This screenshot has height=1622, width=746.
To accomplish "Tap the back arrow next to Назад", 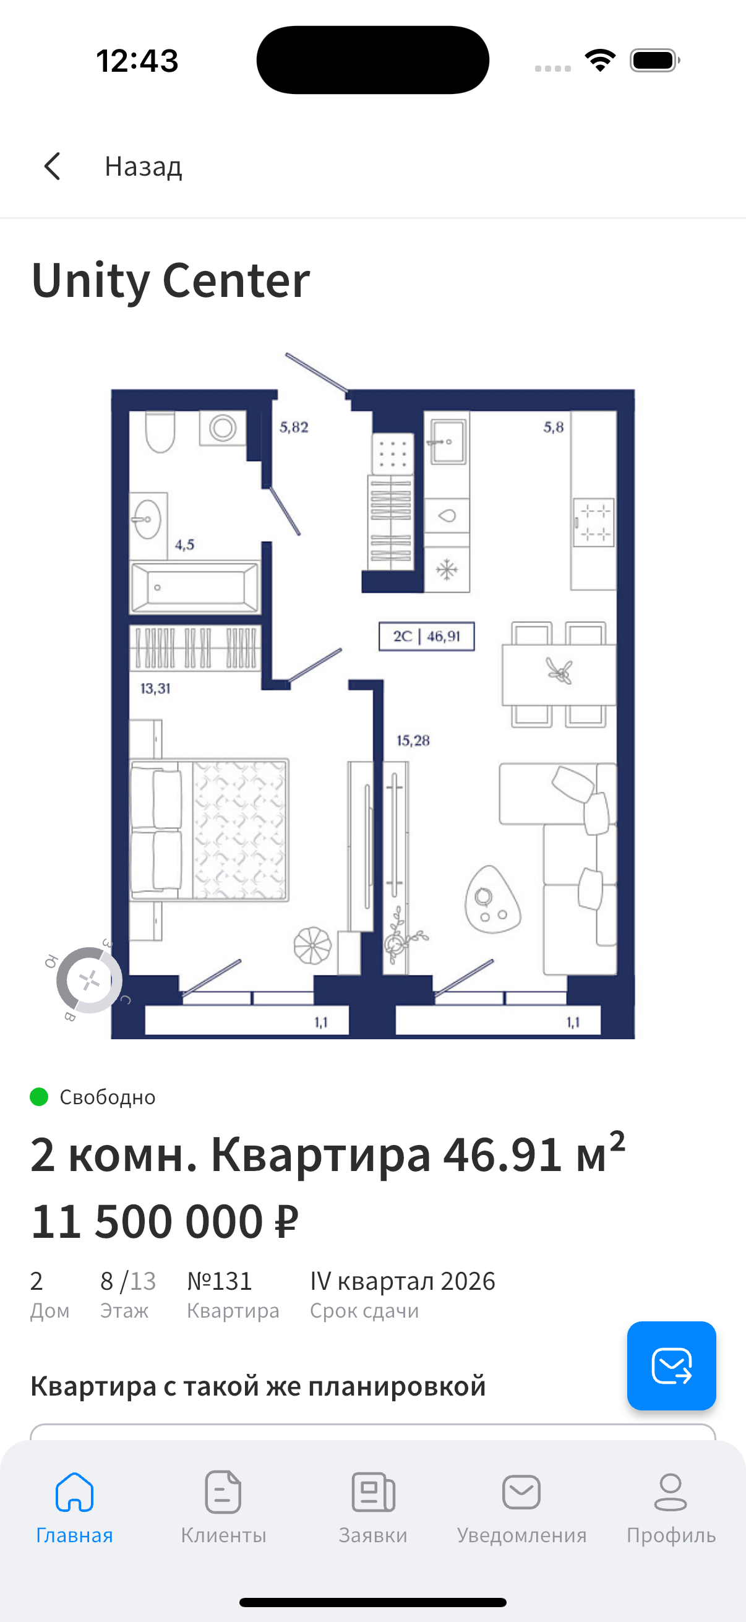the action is coord(52,166).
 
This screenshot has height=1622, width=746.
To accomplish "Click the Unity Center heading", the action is coord(171,281).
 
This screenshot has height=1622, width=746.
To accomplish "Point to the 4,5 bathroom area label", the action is coord(184,544).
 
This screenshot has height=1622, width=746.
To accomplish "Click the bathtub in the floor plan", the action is coord(194,588).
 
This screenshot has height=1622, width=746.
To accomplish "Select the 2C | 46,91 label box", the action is coord(426,636).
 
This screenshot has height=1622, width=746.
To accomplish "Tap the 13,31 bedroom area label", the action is coord(155,689).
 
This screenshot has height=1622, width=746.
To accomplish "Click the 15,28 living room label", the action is coord(413,740).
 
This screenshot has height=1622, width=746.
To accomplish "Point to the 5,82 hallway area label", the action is coord(294,427).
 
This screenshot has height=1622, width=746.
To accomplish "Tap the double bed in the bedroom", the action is coord(209,830).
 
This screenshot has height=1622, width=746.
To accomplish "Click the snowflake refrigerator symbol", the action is coord(447,570).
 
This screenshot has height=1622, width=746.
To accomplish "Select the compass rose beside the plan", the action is coord(88,980).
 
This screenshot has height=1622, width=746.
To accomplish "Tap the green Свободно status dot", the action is coord(39,1097).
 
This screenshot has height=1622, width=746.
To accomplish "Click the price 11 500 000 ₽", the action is coord(165,1222).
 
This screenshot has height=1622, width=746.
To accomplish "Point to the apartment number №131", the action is coord(220,1281).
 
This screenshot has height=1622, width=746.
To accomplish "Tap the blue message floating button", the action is coord(671,1366).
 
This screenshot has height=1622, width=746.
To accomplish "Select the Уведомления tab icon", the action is coord(521,1491).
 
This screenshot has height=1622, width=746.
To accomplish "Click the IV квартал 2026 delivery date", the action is coord(403,1281).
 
